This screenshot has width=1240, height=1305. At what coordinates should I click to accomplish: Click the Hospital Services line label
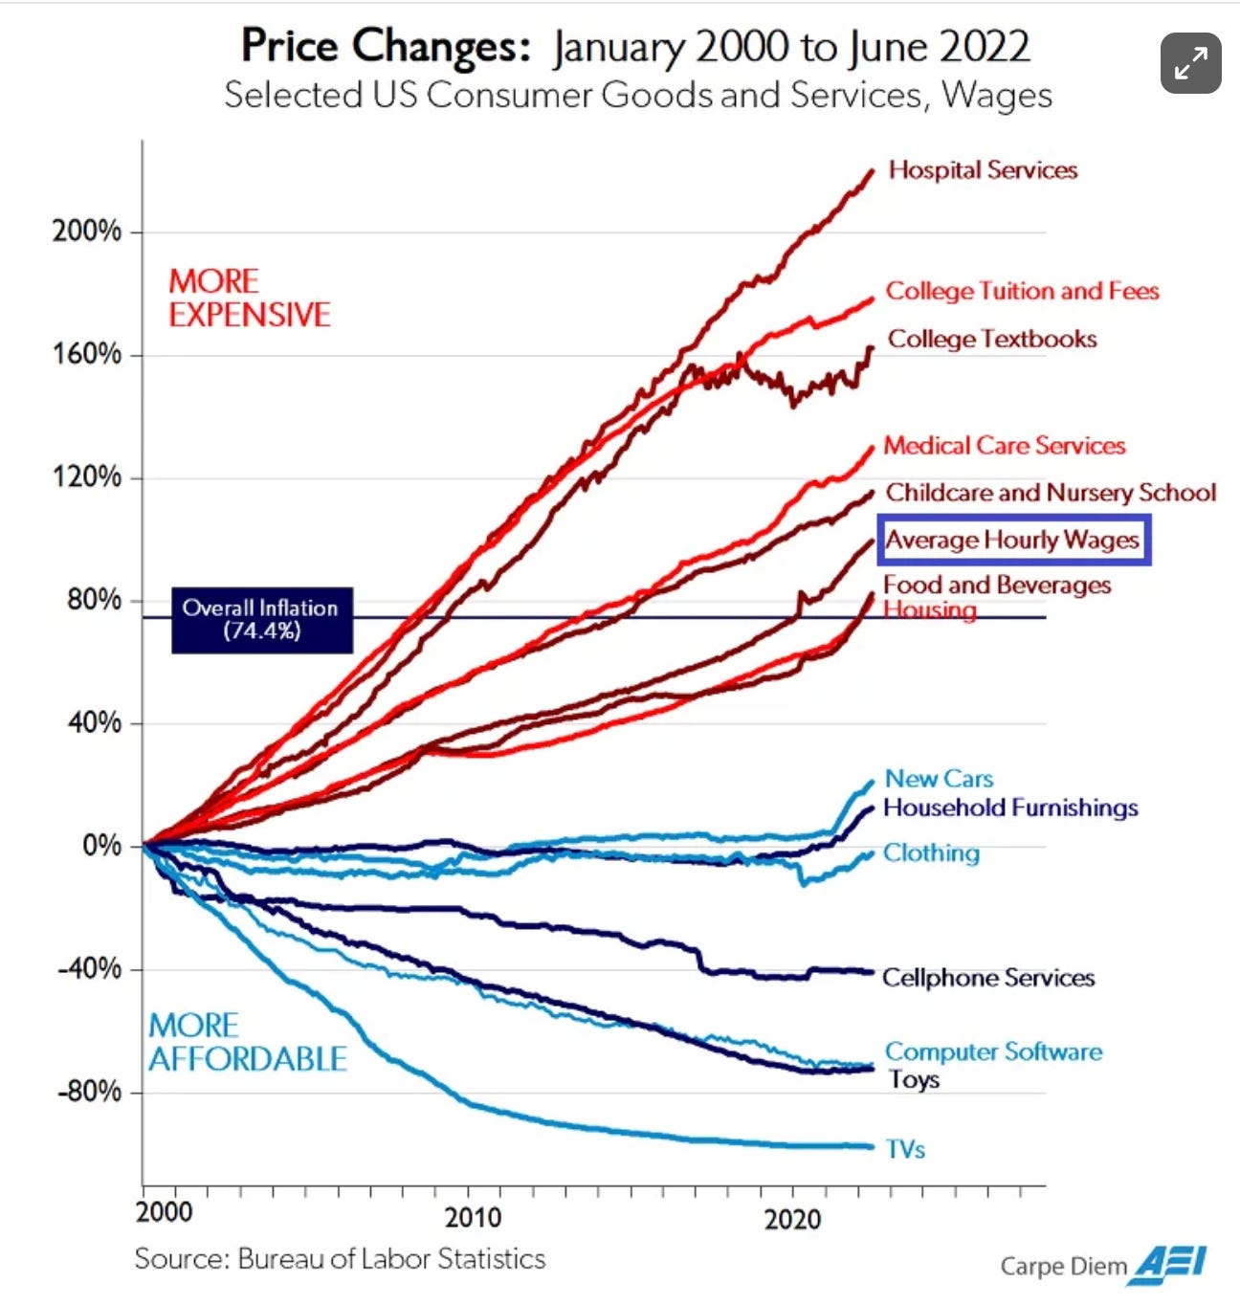pos(983,170)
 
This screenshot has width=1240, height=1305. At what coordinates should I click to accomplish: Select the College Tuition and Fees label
pos(1022,291)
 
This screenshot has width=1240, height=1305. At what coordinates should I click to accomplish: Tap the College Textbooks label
pos(992,339)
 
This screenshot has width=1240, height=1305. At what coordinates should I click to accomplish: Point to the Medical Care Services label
pos(1004,445)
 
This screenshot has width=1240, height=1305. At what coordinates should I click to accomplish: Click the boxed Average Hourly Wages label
pos(1013,540)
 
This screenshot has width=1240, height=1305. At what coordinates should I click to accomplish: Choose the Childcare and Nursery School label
pos(1051,493)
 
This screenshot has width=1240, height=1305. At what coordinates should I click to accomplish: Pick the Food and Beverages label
pos(997,585)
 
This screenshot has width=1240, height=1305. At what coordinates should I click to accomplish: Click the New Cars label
pos(939,779)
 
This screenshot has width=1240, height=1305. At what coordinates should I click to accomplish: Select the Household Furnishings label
pos(1010,807)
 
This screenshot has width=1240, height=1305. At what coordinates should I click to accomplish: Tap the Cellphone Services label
pos(988,978)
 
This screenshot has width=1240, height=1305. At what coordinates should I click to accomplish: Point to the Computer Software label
pos(993,1051)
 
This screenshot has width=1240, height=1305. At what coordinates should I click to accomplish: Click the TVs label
pos(905,1149)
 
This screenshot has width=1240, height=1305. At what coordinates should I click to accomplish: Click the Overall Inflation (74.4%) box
pos(261,620)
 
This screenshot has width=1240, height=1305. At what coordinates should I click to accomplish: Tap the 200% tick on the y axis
pos(87,232)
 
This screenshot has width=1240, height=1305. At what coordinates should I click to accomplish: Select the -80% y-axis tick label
pos(89,1092)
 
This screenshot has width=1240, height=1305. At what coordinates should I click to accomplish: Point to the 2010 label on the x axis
pos(473,1217)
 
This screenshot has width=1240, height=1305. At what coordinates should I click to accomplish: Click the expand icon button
pos(1190,63)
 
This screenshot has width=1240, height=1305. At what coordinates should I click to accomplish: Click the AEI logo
pos(1168,1265)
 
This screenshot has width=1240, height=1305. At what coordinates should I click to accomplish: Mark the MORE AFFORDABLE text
pos(247,1042)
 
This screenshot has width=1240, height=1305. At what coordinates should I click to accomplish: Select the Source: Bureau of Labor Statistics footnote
pos(340,1258)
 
